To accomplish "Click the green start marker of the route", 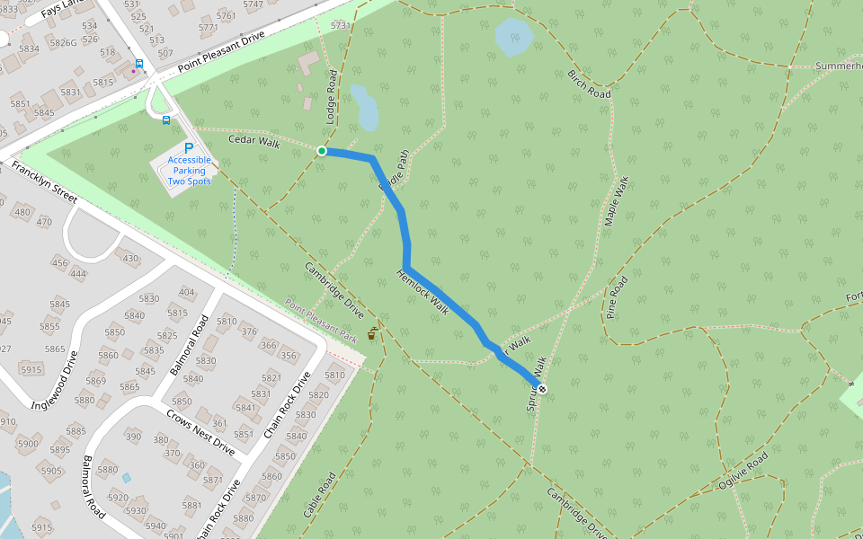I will (322, 151).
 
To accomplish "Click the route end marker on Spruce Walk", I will (541, 388).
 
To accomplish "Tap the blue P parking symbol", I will (189, 149).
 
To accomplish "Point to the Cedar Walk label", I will (254, 141).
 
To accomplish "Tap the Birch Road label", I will (589, 83).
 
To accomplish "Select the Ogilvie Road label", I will (743, 470).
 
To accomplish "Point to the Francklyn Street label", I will (44, 182).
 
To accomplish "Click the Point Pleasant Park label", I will (322, 322).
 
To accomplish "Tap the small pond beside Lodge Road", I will (366, 108).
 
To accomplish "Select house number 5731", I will (339, 26).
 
